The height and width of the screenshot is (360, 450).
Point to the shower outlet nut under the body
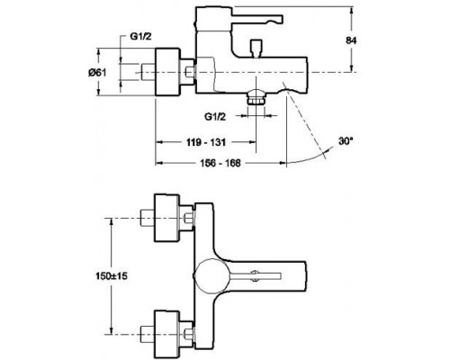coord(257,100)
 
